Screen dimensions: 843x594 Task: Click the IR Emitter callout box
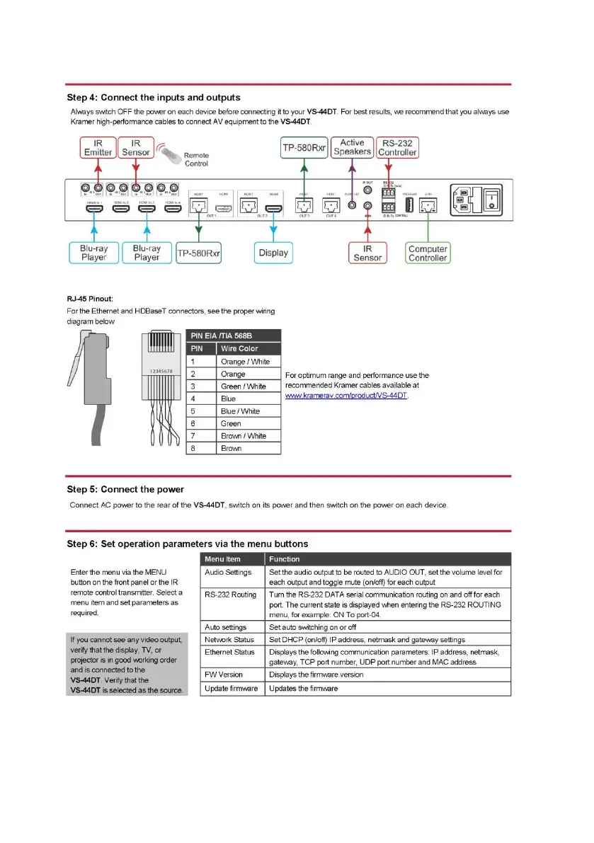[x=98, y=147]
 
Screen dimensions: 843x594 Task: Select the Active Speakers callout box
[x=352, y=147]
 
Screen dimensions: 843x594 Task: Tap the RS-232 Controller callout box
[x=397, y=147]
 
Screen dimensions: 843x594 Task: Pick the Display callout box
[x=273, y=253]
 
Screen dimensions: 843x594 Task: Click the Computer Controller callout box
[x=428, y=253]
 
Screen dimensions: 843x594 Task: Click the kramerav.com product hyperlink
[x=346, y=396]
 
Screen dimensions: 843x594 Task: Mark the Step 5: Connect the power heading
[x=125, y=489]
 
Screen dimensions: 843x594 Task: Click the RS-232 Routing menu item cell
[x=231, y=595]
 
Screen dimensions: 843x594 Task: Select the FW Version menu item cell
[x=224, y=675]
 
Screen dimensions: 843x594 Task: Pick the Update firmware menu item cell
[x=232, y=688]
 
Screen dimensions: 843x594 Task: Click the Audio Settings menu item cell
[x=228, y=572]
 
